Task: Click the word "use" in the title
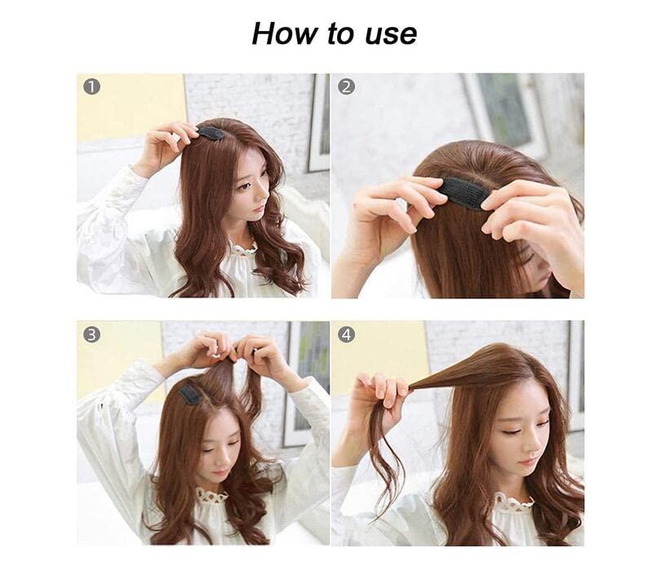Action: [390, 35]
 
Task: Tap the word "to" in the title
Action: [341, 33]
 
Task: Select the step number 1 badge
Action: [92, 87]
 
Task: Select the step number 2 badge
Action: [346, 87]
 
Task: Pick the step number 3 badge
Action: [92, 334]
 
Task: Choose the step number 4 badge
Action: [346, 334]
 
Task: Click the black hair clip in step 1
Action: [211, 133]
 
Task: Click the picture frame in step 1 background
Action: [319, 123]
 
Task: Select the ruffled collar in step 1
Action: [246, 249]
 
